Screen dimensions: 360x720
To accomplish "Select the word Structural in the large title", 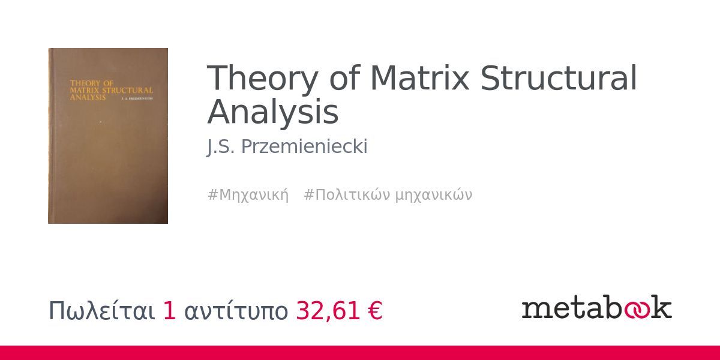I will point(559,78).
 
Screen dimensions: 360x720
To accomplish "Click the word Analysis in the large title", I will point(273,112).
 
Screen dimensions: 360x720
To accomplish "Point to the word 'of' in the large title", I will point(344,78).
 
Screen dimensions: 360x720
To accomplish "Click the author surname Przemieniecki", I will point(304,147).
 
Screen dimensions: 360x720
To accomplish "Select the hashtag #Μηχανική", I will point(248,195).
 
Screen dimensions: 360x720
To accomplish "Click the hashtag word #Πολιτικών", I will point(347,195).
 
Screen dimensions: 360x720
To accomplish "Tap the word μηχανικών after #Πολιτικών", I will point(434,195).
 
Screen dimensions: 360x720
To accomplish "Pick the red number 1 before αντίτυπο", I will point(170,311).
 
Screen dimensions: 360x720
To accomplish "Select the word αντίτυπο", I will point(236,311).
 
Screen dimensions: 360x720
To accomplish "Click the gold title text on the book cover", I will point(108,88).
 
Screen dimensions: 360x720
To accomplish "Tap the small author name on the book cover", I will point(137,98).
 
